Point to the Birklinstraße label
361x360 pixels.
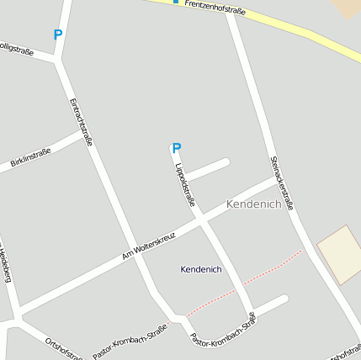[x=31, y=157]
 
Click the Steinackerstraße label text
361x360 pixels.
[x=283, y=182]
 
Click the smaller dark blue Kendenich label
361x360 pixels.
[x=201, y=269]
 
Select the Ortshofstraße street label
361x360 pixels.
[x=64, y=347]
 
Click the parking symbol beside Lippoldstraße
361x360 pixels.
[x=177, y=149]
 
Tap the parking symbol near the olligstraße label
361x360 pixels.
[x=57, y=35]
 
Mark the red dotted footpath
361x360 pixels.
[x=244, y=286]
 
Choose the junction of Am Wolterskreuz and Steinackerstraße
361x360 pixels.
[x=279, y=179]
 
